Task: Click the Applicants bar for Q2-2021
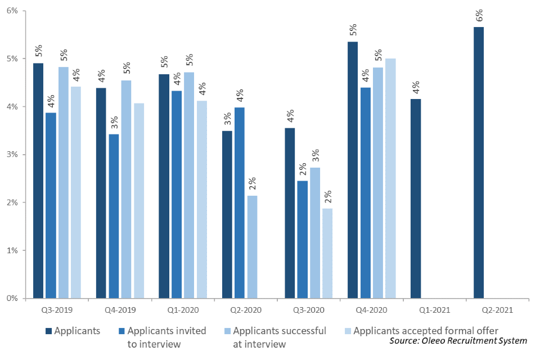(x=479, y=163)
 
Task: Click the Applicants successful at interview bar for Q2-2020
(x=252, y=247)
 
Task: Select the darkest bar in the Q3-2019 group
(x=38, y=181)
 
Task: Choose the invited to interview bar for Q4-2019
(x=114, y=216)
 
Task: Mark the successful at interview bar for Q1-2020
(x=189, y=185)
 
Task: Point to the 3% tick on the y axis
(x=12, y=154)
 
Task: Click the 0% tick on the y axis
(x=12, y=298)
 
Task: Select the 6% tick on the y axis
(x=12, y=11)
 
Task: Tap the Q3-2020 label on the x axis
(x=309, y=310)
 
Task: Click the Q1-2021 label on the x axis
(x=435, y=310)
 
